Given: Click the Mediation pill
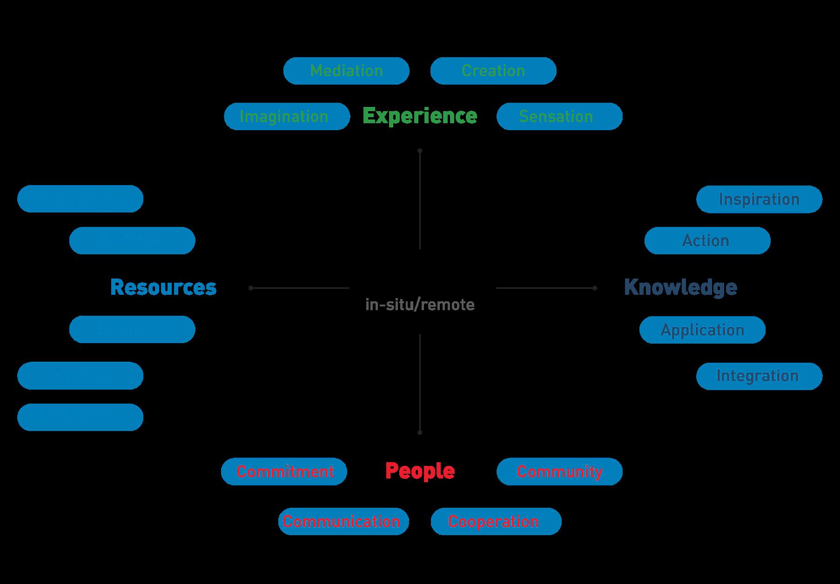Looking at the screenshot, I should [346, 71].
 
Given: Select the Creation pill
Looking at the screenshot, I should [493, 71].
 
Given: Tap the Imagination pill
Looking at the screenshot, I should [287, 116].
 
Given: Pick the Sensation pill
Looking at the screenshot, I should [559, 116].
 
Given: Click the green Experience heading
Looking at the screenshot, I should [420, 116].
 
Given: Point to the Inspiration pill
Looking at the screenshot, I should [759, 199].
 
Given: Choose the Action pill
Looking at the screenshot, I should [707, 240].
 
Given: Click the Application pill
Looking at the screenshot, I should [702, 330].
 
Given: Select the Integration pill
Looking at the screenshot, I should [759, 376].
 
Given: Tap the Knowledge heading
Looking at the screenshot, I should [680, 287].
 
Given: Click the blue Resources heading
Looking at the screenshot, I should [163, 287].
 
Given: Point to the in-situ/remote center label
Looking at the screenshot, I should [420, 305].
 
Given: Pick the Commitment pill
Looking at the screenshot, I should [284, 471].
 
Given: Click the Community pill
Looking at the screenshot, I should [559, 471].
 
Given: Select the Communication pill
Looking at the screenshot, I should [343, 521].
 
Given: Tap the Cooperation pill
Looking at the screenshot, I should [496, 521].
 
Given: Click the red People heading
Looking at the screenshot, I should [420, 471].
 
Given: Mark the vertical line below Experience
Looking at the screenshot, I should [420, 200].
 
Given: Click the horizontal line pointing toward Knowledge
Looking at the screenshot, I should [544, 288].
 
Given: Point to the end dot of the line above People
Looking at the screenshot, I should [420, 432].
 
